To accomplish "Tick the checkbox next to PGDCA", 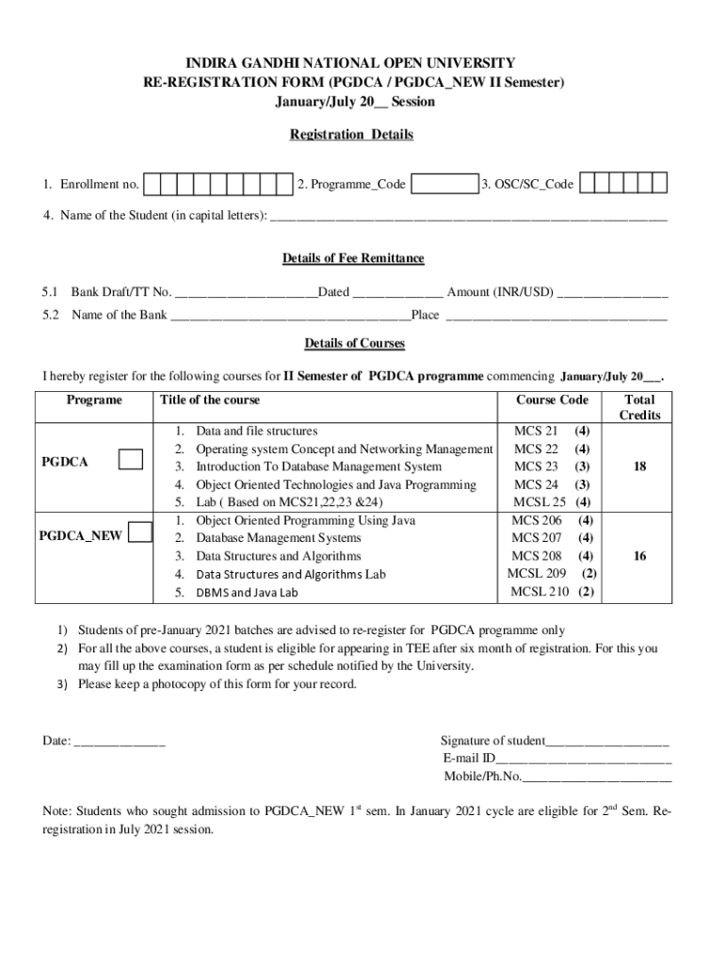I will tap(131, 459).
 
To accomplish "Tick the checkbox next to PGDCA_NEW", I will tap(139, 532).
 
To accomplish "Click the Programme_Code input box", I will tap(445, 184).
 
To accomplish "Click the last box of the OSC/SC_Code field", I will tap(660, 184).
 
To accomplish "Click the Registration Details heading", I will tap(351, 135).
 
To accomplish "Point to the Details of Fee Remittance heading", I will tap(353, 258).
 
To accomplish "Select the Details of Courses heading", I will tap(354, 343).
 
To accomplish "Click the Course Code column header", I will tap(552, 400).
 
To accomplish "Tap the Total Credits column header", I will tap(639, 407).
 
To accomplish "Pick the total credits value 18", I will tap(639, 466).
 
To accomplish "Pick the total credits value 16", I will tap(639, 556).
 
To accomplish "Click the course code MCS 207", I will tap(537, 538).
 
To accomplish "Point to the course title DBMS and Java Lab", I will tap(247, 593).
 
